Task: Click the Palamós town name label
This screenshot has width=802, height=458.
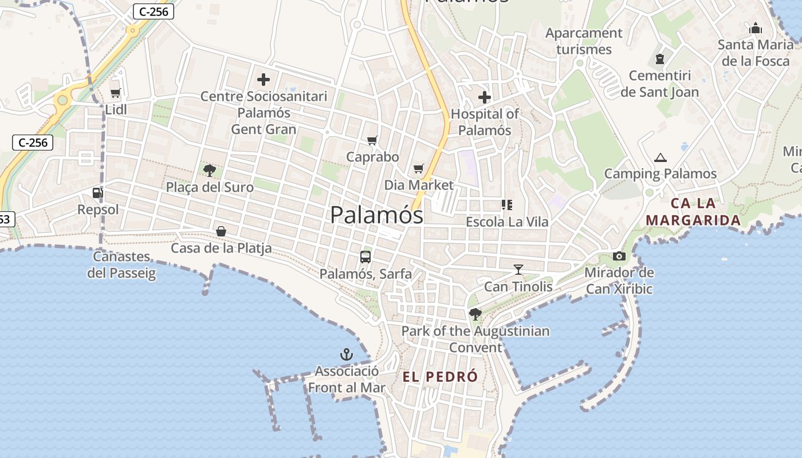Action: coord(376,215)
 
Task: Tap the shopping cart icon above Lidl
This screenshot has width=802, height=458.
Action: coord(115,93)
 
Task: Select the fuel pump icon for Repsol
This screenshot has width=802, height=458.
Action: coord(97,194)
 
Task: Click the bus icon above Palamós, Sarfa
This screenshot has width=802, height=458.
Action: coord(365,257)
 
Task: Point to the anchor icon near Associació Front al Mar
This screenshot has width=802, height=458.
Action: coord(346,354)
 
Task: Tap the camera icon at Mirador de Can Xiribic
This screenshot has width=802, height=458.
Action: coord(619,256)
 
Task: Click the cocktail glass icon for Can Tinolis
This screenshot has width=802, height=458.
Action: coord(518,269)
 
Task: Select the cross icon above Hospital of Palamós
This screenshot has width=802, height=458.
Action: coord(484,97)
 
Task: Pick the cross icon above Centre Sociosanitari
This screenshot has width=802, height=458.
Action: coord(264,80)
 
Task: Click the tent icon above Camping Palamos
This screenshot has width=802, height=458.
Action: coord(660,157)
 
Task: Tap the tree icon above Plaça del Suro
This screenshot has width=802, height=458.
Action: coord(210,170)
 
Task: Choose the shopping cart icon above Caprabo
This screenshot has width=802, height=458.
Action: coord(372,140)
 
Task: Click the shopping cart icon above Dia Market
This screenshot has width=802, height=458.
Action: coord(419,168)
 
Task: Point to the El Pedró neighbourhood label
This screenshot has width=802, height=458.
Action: coord(440,377)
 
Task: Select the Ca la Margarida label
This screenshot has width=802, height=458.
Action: coord(693,212)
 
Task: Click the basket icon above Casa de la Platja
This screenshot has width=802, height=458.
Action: coord(221,231)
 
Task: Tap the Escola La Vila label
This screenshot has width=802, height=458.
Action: coord(507,222)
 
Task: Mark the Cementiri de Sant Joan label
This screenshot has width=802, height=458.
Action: coord(659,84)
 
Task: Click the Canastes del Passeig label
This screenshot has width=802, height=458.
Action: coord(121,264)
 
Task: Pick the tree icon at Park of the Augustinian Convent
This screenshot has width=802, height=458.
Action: coord(475,314)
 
